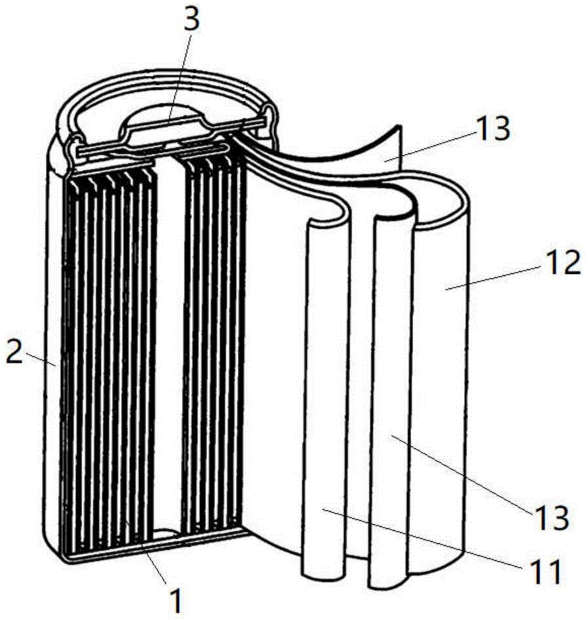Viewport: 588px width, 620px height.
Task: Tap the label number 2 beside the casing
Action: [14, 353]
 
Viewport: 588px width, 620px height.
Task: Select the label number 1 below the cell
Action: [176, 600]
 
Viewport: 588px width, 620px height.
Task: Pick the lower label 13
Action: [552, 517]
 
